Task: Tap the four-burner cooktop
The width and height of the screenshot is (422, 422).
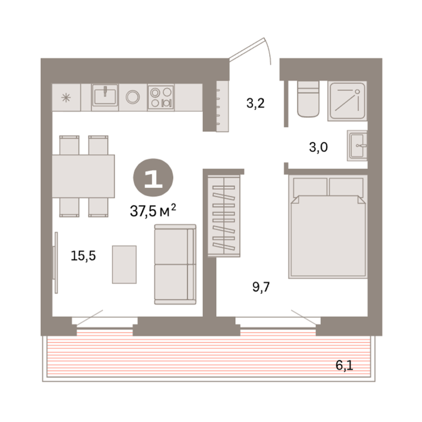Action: pos(161,97)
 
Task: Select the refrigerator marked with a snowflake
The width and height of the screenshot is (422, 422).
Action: pos(66,97)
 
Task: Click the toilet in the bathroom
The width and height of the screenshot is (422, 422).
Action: pos(308,99)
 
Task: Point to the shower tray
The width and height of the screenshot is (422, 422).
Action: pos(347,101)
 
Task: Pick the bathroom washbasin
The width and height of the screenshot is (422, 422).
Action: pos(357,146)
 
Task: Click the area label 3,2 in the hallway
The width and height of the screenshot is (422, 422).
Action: pos(256,103)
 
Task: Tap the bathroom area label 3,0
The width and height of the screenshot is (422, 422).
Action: pos(318,147)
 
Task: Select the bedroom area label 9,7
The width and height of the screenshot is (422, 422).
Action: pos(261,287)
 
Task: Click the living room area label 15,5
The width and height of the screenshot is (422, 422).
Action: pos(83,256)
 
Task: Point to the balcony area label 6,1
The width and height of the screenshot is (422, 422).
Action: pos(344,365)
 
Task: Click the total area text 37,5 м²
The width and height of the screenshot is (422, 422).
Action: pos(153,210)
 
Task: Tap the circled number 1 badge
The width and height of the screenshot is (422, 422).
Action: pos(153,178)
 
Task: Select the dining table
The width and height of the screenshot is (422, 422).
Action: pos(83,176)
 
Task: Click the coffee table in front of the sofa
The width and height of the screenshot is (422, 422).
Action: pos(124,264)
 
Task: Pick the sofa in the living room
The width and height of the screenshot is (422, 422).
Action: pos(175,264)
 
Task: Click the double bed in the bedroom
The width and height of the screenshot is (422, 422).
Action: pos(328,226)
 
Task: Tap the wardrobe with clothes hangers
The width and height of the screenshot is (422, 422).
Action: pos(224,216)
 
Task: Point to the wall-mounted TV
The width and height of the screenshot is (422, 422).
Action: pos(55,263)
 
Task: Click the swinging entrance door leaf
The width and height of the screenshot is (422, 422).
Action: pos(247,48)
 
